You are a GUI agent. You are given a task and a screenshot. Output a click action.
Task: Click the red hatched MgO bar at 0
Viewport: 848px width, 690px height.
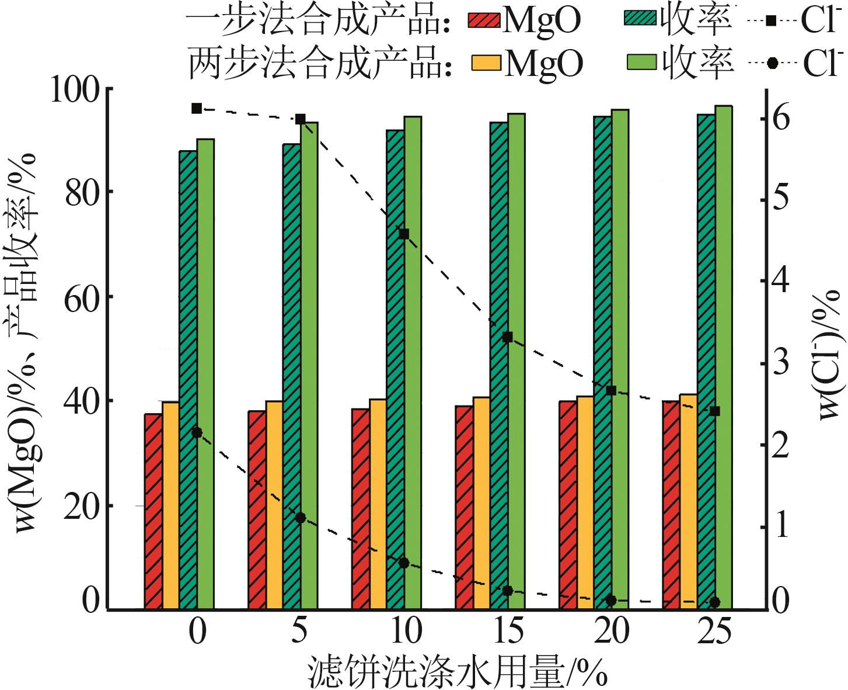(153, 511)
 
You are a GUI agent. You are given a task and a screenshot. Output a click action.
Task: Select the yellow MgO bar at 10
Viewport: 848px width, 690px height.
(378, 504)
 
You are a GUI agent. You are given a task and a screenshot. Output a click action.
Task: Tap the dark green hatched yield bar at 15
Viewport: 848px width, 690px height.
(498, 365)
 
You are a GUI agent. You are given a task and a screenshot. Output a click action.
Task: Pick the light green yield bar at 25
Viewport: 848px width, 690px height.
(724, 357)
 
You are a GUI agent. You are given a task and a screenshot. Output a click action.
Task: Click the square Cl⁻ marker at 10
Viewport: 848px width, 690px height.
(404, 234)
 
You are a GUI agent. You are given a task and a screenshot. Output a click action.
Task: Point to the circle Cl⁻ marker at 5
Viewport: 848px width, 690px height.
(301, 518)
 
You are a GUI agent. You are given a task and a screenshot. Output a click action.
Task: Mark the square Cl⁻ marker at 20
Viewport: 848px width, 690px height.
(611, 390)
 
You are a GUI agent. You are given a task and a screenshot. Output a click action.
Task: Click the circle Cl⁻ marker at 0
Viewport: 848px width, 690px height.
(197, 432)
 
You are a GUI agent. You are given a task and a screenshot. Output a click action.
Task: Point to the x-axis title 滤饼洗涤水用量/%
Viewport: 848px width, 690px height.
(458, 672)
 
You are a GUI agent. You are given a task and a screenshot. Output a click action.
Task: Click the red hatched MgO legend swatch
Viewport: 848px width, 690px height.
(484, 19)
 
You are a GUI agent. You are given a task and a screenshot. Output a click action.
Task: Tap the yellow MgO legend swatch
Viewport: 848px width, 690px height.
(486, 63)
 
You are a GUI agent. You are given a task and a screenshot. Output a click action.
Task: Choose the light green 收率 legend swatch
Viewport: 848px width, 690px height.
(641, 61)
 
